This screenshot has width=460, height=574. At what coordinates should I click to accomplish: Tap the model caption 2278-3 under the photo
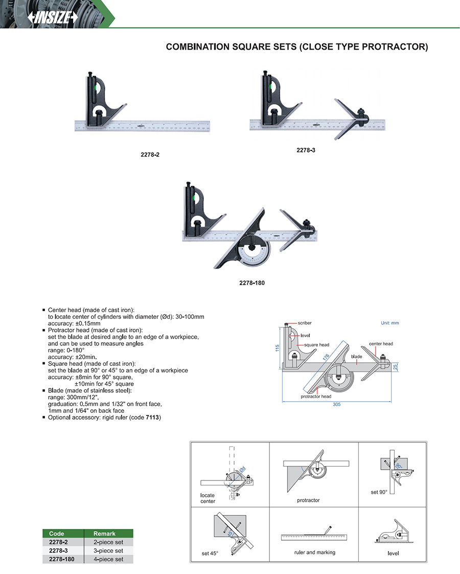[x=305, y=150]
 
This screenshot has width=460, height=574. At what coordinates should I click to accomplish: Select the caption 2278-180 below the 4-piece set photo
[x=251, y=282]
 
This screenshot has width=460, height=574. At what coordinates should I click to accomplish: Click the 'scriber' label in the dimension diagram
[x=304, y=323]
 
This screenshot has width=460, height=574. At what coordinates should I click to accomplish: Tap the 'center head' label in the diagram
[x=380, y=344]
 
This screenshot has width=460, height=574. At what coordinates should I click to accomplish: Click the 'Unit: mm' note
[x=389, y=323]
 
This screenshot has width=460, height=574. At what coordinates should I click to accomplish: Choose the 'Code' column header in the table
[x=56, y=534]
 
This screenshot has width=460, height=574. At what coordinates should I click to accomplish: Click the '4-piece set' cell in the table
[x=108, y=559]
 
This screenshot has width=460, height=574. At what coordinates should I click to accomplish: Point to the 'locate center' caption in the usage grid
[x=208, y=498]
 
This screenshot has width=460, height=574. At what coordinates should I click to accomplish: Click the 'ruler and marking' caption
[x=315, y=553]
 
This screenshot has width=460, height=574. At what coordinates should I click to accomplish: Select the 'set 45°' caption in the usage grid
[x=210, y=554]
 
